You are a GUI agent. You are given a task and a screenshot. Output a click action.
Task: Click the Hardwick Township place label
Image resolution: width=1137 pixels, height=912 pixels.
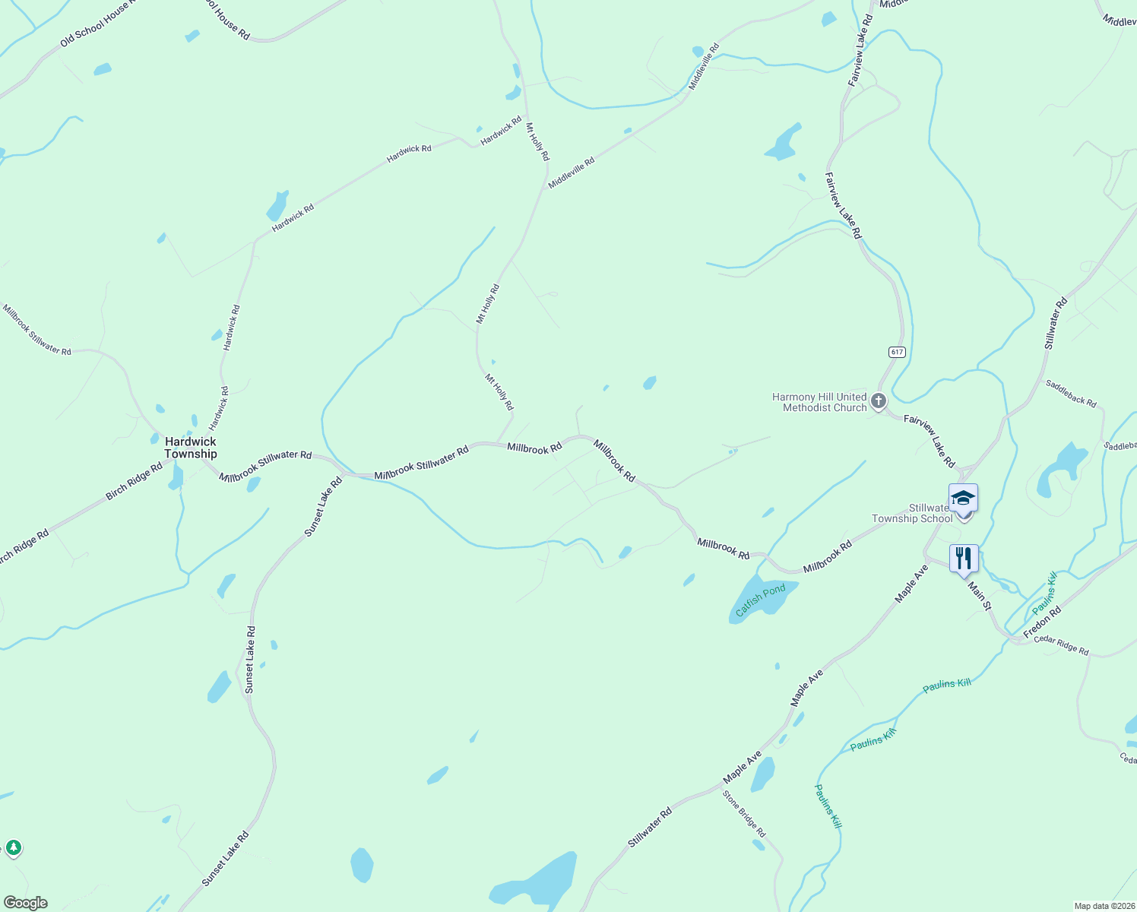coord(191,448)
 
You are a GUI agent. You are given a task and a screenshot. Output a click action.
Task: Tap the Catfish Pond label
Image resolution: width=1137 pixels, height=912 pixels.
coord(761,600)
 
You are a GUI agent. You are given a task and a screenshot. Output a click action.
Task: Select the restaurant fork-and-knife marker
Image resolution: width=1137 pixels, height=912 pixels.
coord(963,559)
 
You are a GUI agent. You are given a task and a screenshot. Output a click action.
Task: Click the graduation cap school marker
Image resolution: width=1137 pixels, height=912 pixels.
coord(963,499)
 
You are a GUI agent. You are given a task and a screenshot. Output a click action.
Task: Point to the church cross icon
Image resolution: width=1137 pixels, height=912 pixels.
coord(879,401)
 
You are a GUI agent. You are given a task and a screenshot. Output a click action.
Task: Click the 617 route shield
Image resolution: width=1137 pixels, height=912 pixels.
coord(898,352)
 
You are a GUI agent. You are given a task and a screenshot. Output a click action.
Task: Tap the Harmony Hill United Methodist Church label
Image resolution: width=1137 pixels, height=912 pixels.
coord(819,402)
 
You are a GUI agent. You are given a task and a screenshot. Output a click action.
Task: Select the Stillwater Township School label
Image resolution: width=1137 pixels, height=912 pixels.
coord(912,514)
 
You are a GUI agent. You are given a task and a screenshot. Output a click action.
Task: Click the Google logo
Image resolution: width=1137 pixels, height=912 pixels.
coord(26,903)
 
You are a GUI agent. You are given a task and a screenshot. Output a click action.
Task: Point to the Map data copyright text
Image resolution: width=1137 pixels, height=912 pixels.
coord(1104,906)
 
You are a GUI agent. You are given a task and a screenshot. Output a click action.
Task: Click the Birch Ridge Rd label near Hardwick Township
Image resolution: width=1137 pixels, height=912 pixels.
coord(134,481)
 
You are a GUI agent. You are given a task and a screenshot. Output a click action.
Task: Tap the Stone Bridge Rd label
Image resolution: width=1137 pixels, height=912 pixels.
coord(744,814)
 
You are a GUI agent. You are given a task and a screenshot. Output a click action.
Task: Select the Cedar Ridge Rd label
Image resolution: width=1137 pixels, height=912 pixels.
coord(1061,644)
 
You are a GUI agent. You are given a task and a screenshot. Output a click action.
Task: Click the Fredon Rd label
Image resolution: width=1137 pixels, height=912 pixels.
coord(1042,622)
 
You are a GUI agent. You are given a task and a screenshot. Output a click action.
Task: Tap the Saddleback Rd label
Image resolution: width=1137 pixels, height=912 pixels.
coord(1071,393)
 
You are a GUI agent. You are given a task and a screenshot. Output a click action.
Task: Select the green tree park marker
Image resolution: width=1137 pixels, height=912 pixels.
coord(13,847)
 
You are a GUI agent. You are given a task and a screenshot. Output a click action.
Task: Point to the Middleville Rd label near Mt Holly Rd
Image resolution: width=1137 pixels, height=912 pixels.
coord(571,173)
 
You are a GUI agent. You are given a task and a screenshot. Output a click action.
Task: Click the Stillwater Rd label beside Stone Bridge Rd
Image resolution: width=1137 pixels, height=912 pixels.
coord(650,828)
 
